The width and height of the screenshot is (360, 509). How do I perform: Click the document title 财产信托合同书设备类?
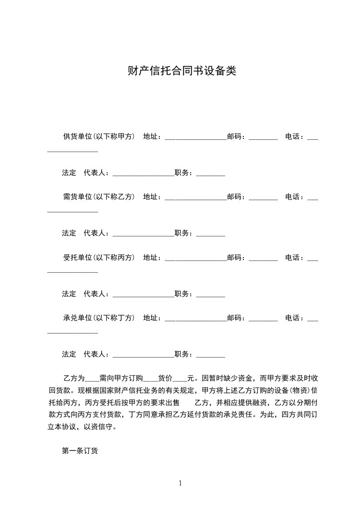(x=182, y=71)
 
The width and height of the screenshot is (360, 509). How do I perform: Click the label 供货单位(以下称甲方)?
(x=99, y=136)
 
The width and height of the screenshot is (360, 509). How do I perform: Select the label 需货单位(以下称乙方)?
(x=99, y=197)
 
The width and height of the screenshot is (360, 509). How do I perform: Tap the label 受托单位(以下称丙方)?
(x=99, y=257)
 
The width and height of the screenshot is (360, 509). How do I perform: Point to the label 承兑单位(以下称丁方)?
(x=99, y=318)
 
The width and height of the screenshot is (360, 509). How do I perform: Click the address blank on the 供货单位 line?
(x=195, y=137)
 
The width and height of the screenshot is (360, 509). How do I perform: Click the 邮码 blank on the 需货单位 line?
(x=263, y=198)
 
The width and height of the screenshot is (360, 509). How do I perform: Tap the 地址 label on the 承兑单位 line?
(x=151, y=318)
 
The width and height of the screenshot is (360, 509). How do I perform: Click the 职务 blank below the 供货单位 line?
(x=211, y=174)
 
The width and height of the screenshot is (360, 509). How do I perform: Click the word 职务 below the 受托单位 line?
(x=182, y=294)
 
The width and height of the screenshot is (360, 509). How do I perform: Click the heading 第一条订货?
(x=80, y=451)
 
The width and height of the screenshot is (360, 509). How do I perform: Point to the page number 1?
(x=180, y=483)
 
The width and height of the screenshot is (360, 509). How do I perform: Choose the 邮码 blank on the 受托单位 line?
(x=263, y=259)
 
